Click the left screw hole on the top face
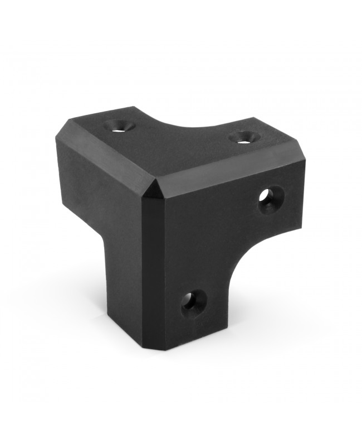coord(118,126)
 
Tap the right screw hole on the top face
coord(243,137)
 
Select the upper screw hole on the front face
coord(271,200)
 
